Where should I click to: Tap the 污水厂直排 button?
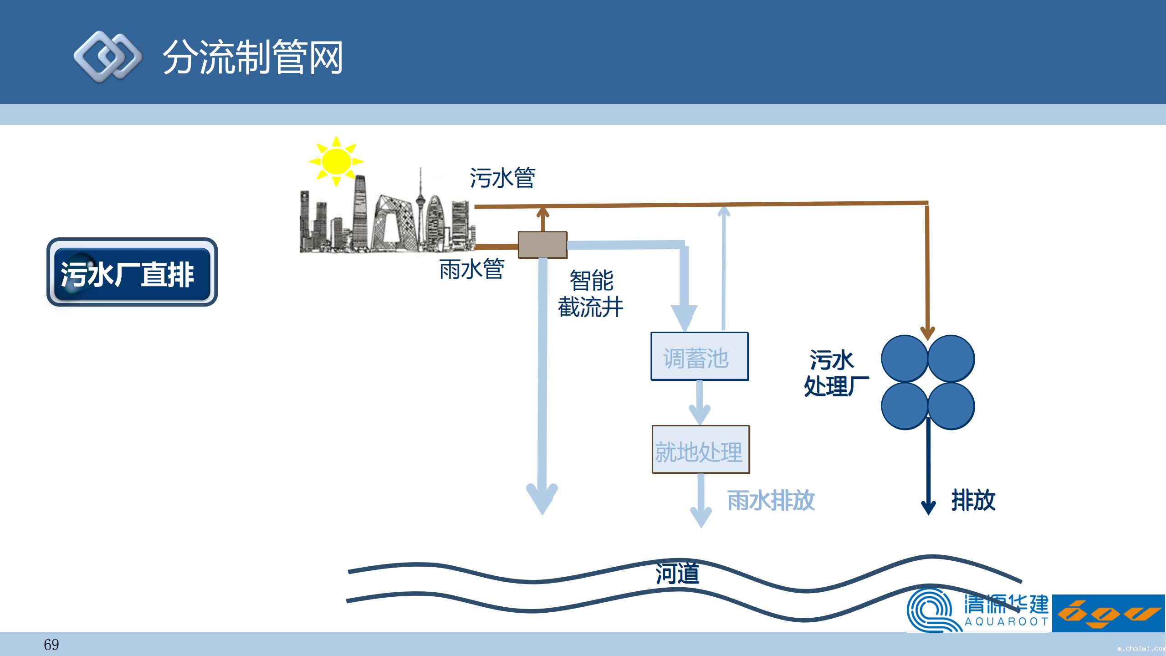click(132, 273)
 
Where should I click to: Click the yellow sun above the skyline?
click(336, 161)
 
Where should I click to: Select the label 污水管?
click(502, 178)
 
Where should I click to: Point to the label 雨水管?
click(472, 269)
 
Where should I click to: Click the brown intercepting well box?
click(542, 245)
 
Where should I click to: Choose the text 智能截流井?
click(591, 293)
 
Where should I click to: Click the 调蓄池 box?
click(699, 357)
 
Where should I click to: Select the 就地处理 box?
click(701, 450)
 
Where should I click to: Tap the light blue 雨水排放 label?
click(771, 500)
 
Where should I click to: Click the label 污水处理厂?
click(834, 373)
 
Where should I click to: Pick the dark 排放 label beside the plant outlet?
click(973, 500)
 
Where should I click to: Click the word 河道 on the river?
click(677, 573)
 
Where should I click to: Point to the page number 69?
click(51, 645)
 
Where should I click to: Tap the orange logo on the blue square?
click(1109, 613)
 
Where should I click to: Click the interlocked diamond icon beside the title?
click(107, 57)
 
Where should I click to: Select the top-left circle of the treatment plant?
click(905, 359)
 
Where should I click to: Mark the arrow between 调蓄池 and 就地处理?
click(700, 403)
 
